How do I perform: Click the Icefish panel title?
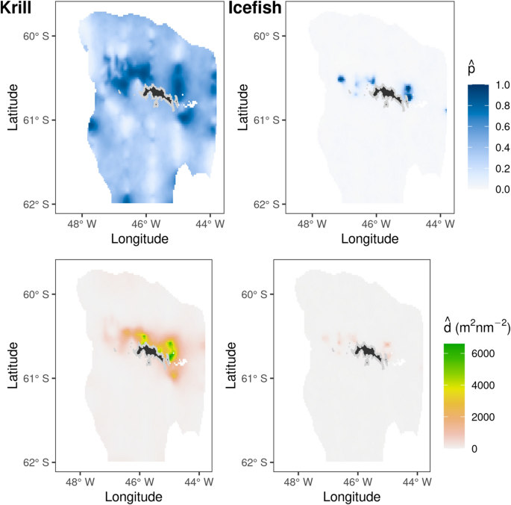(x=242, y=9)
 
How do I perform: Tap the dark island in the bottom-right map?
(x=367, y=350)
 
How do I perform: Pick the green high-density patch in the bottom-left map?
(x=171, y=347)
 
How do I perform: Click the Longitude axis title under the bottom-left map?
(x=134, y=497)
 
